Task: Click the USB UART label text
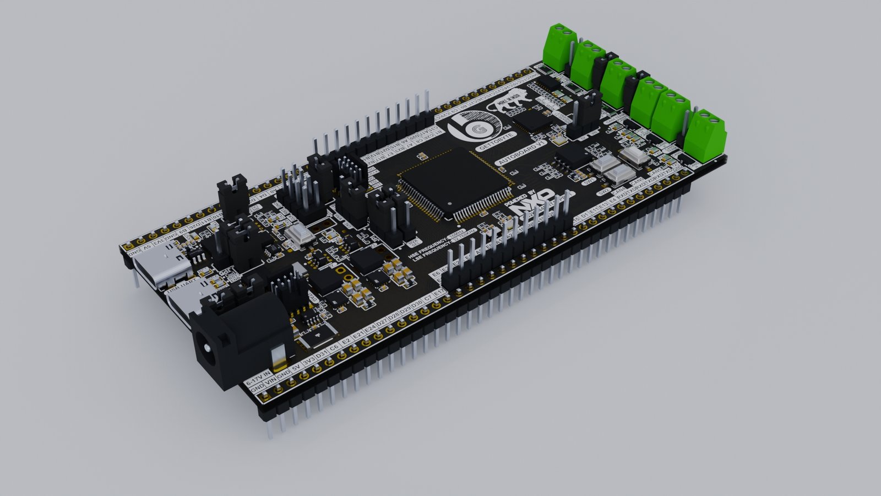coord(182,285)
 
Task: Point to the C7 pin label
coord(428,300)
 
